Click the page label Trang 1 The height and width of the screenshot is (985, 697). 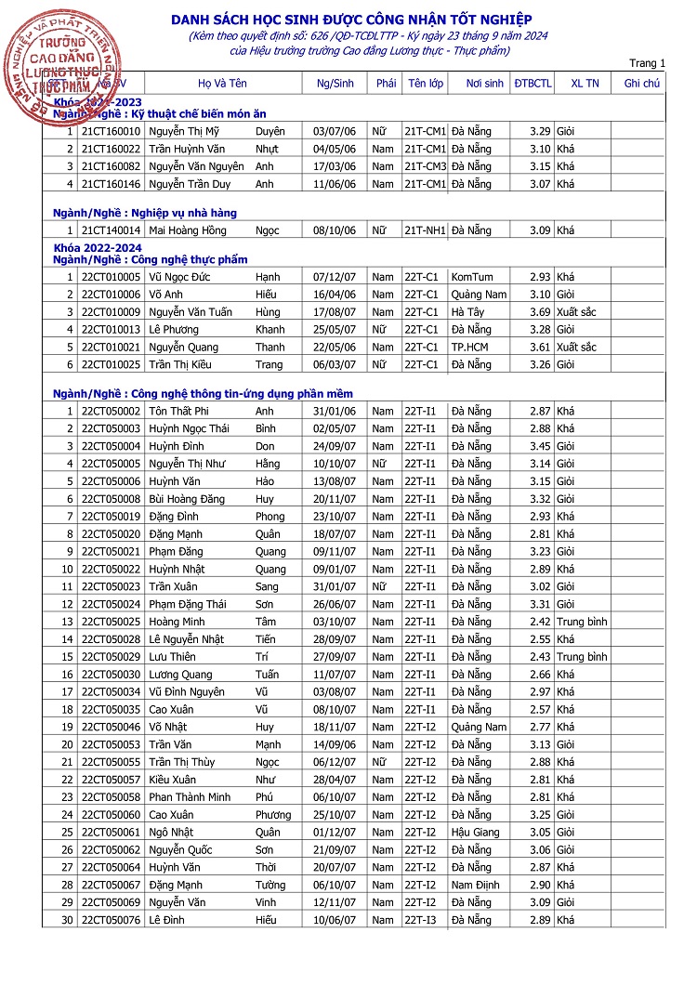[x=647, y=64]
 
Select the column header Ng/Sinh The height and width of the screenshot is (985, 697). [x=335, y=84]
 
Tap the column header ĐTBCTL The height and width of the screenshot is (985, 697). [x=533, y=84]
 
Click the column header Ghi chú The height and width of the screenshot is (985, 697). [x=641, y=84]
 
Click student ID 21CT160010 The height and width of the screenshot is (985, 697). [x=111, y=132]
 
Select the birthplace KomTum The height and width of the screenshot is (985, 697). [x=472, y=277]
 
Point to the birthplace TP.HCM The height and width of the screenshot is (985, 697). [x=469, y=348]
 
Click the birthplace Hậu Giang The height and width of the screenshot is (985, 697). [x=475, y=833]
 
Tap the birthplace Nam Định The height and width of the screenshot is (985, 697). [x=475, y=886]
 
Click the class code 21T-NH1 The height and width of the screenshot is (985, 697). [x=425, y=230]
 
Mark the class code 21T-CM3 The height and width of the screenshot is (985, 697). [x=425, y=167]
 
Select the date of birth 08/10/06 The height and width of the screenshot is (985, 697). [x=335, y=230]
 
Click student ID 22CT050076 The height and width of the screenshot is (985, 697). [x=111, y=920]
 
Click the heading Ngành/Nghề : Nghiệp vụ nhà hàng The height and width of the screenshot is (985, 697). [x=144, y=213]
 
